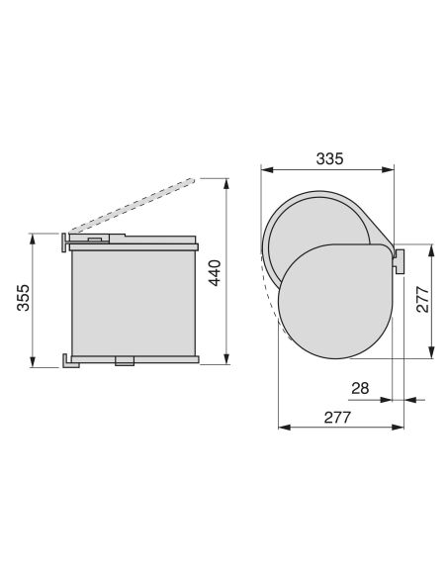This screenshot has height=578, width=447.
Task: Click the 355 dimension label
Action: point(23,298)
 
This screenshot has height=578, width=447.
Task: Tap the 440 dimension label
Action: point(215,273)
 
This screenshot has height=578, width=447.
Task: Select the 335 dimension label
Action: point(329,158)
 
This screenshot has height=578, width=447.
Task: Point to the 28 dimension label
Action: point(360,388)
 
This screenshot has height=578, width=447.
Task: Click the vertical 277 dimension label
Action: point(422,299)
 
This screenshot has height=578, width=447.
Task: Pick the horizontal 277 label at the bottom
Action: point(337,418)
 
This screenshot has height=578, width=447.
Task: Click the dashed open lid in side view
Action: point(132,206)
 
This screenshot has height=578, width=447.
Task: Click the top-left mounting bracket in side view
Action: point(65,242)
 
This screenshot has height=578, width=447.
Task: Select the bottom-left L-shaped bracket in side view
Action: point(70,361)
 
